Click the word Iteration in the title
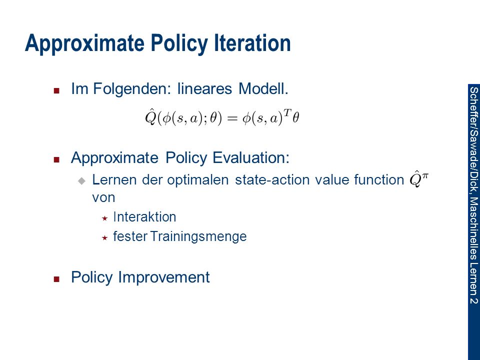coord(252,43)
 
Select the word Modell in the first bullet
coord(263,89)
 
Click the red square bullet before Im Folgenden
coord(56,90)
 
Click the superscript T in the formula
coord(287,113)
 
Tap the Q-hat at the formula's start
coord(151,117)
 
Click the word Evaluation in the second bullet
coord(250,157)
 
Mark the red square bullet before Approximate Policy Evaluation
coord(56,159)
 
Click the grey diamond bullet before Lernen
coord(81,180)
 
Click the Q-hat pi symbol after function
coord(419,179)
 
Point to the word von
coord(103,197)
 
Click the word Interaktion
coord(144,216)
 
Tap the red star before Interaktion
coord(104,218)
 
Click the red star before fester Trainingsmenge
coord(104,237)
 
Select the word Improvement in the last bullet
coord(164,277)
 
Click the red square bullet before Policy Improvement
coord(56,279)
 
